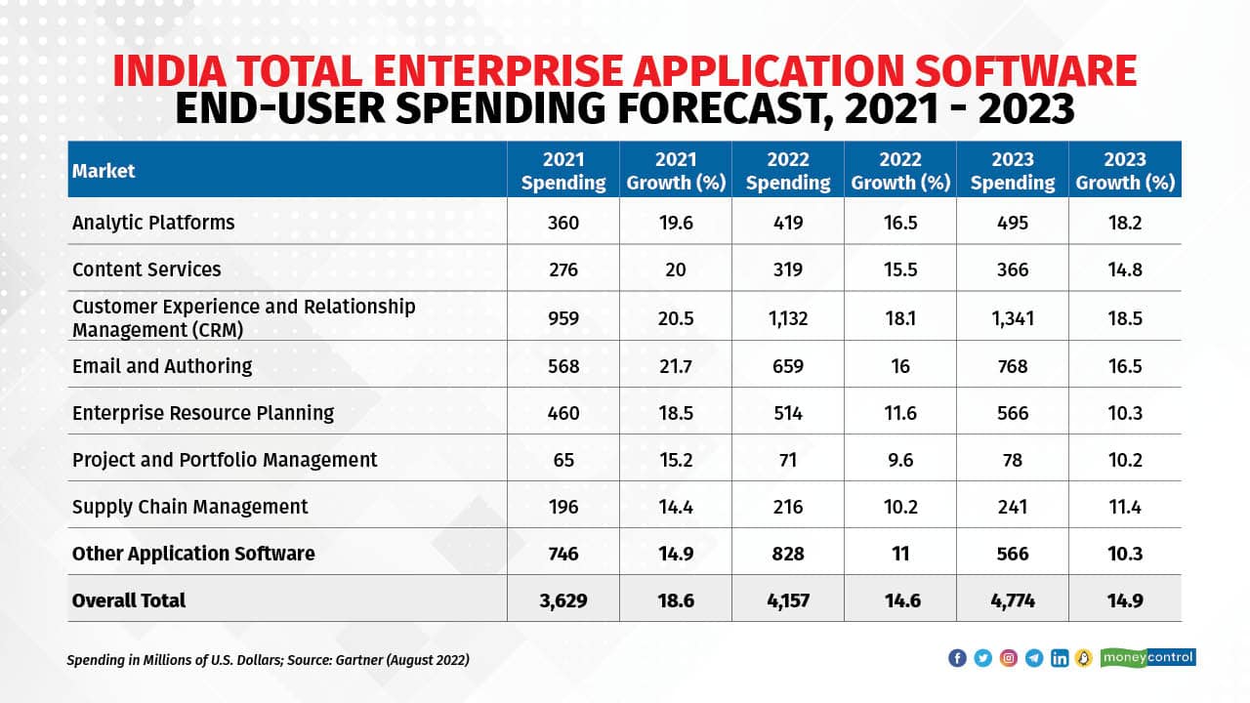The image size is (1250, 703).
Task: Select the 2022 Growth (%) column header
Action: click(899, 171)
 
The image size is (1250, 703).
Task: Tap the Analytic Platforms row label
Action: click(153, 223)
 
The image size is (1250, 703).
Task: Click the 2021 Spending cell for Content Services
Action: click(562, 269)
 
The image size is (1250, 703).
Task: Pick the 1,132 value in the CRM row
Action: click(787, 318)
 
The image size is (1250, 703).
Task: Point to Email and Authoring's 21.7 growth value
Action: click(675, 366)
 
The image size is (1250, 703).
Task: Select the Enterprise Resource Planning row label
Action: click(203, 413)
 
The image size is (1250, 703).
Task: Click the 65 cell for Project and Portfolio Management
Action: click(562, 460)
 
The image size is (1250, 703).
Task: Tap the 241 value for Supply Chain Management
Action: click(1013, 507)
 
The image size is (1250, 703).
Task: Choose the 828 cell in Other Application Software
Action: click(787, 554)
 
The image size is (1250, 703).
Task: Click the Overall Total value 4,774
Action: click(1013, 600)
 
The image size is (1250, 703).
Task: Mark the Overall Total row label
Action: click(129, 600)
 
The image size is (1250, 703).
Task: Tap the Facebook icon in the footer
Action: click(957, 658)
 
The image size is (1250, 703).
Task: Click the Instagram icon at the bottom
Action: click(1009, 658)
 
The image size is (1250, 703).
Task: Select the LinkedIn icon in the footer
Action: click(1060, 658)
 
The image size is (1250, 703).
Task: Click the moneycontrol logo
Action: click(1147, 658)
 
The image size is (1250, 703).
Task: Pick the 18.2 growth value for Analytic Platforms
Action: click(1125, 223)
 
